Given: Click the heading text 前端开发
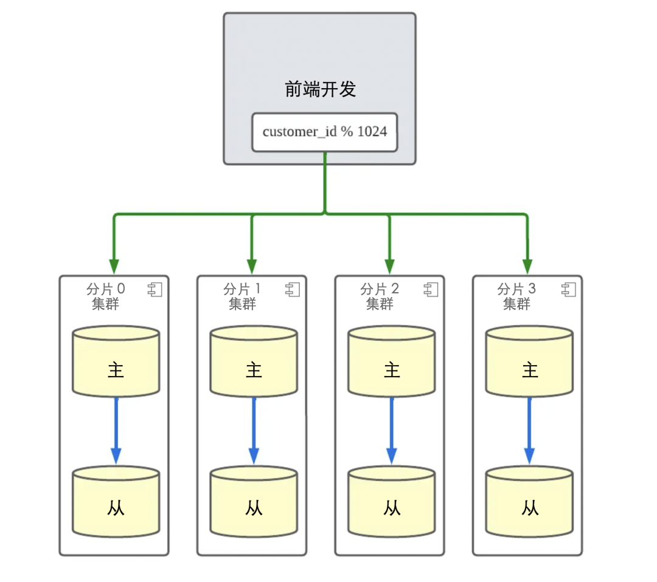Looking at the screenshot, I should point(320,90).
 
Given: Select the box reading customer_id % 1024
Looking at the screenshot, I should point(324,132).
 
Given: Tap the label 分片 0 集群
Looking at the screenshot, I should point(106,296).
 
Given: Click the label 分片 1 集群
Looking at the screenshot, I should point(243,296).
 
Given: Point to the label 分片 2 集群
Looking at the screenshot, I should point(380,296).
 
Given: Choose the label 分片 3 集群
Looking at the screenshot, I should point(517,296).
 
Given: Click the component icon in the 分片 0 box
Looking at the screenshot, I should point(155,290).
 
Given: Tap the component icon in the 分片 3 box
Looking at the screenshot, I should point(568,290).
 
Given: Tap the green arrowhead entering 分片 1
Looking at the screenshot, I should point(252,266).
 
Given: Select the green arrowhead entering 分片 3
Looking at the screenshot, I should point(527,266).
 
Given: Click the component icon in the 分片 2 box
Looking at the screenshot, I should point(431,290).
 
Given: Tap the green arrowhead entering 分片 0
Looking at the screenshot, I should point(114,266).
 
